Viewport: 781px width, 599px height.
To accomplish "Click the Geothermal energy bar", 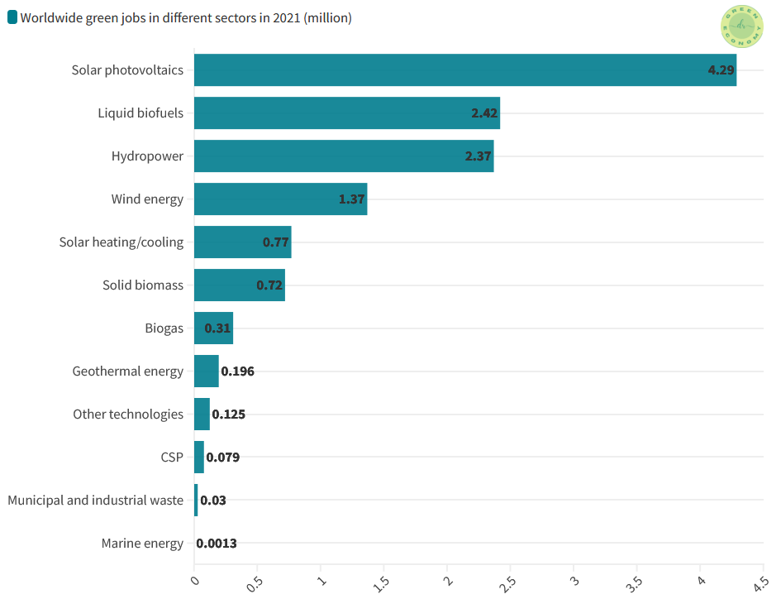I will (206, 371).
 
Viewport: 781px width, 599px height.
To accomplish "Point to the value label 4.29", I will (721, 70).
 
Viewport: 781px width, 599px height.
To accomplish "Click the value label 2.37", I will (478, 156).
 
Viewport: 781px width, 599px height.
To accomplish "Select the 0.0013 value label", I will (217, 544).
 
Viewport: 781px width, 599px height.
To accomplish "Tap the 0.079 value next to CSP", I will (222, 458).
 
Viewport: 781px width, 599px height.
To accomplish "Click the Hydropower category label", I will (147, 156).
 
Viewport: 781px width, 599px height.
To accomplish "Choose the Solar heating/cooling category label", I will (121, 242).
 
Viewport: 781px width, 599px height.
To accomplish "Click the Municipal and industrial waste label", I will (96, 501).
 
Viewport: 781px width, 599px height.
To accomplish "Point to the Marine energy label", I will (142, 544).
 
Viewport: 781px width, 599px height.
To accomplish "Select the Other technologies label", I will (128, 415).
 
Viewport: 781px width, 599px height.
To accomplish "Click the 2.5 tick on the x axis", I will (508, 582).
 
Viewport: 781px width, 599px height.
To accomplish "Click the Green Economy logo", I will (741, 27).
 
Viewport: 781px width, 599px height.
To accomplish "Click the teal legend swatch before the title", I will (12, 18).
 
